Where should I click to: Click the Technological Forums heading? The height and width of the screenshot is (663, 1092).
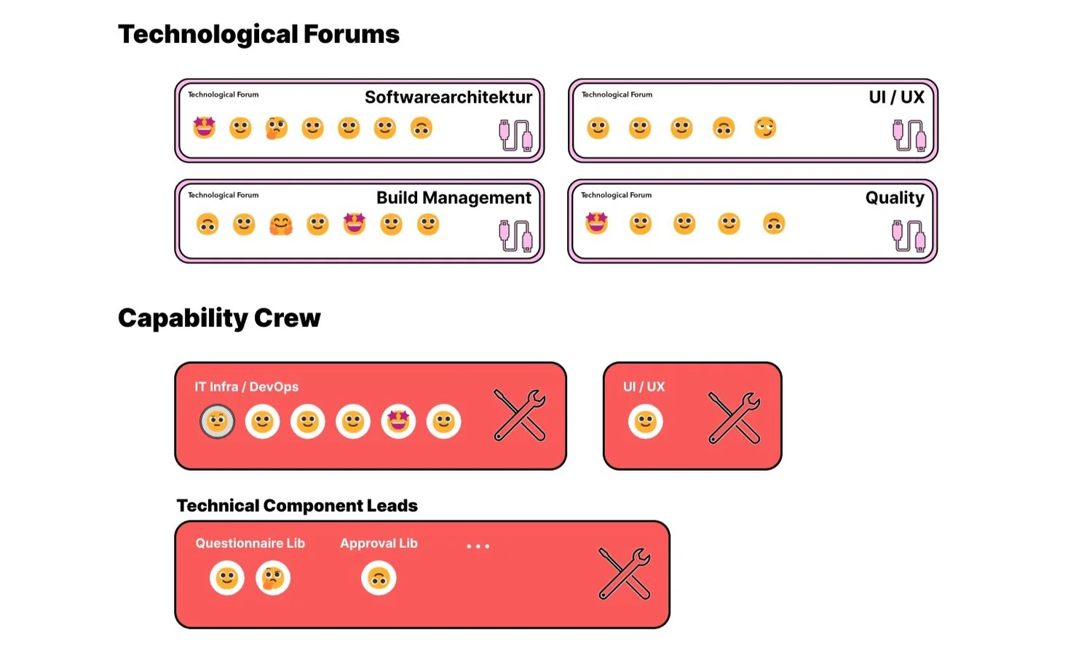pyautogui.click(x=258, y=34)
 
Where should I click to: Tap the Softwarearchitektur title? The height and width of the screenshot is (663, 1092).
pyautogui.click(x=448, y=97)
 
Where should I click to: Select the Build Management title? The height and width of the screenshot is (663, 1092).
pyautogui.click(x=454, y=197)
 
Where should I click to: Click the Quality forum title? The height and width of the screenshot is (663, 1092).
pyautogui.click(x=894, y=197)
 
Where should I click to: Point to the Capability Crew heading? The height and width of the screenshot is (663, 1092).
pyautogui.click(x=219, y=318)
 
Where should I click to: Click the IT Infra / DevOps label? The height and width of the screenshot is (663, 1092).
pyautogui.click(x=246, y=386)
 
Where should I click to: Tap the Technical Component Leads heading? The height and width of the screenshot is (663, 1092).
pyautogui.click(x=297, y=506)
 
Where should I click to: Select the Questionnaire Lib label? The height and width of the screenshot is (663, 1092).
pyautogui.click(x=250, y=543)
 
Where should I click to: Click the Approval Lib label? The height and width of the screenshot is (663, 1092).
pyautogui.click(x=379, y=543)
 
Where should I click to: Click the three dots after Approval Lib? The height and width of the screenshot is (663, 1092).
pyautogui.click(x=478, y=546)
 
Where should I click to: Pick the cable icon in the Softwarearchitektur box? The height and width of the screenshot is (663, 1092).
pyautogui.click(x=515, y=135)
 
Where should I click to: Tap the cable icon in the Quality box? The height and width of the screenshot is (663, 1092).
pyautogui.click(x=909, y=236)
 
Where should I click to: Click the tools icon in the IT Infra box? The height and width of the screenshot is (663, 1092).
pyautogui.click(x=520, y=415)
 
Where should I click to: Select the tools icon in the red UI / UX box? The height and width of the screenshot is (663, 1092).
pyautogui.click(x=734, y=418)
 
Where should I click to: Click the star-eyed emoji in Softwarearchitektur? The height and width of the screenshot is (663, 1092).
pyautogui.click(x=205, y=127)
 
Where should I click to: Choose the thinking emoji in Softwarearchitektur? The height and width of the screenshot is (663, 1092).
pyautogui.click(x=276, y=128)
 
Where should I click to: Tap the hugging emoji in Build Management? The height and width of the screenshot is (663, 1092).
pyautogui.click(x=280, y=224)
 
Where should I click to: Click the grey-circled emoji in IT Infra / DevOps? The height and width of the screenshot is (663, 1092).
pyautogui.click(x=217, y=421)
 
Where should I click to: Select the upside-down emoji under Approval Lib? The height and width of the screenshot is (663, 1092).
pyautogui.click(x=379, y=579)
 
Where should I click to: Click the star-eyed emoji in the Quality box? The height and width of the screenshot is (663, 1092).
pyautogui.click(x=596, y=223)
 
